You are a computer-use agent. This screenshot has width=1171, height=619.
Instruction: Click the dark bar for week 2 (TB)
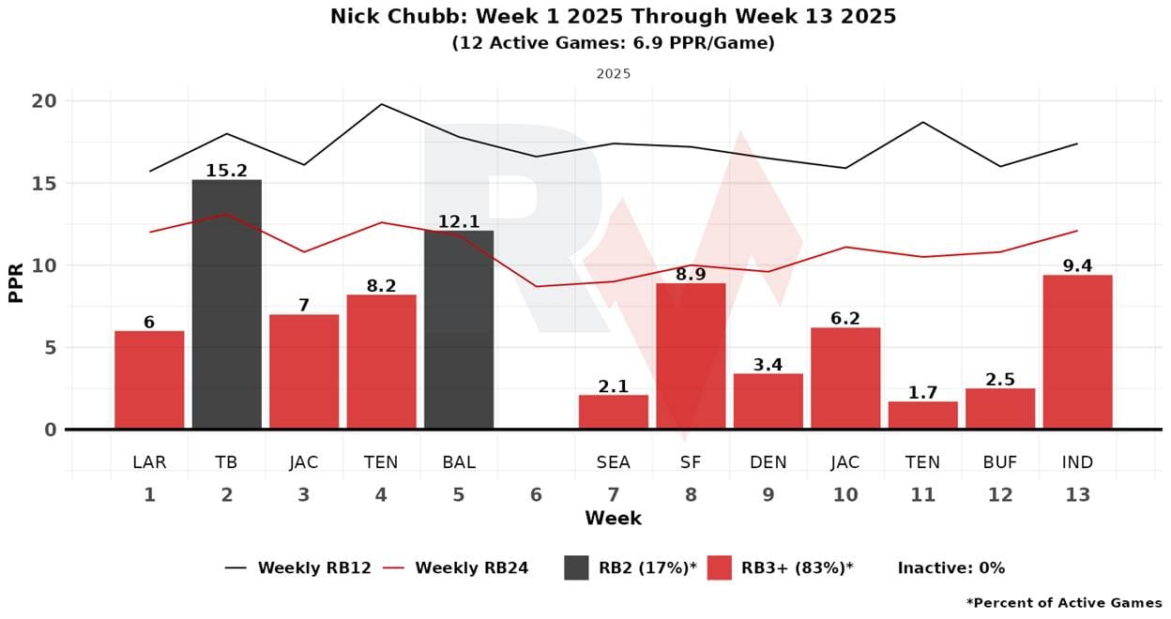pyautogui.click(x=227, y=304)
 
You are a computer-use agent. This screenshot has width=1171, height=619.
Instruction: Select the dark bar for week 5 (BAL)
pyautogui.click(x=459, y=329)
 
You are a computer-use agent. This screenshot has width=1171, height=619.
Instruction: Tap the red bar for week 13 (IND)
pyautogui.click(x=1077, y=352)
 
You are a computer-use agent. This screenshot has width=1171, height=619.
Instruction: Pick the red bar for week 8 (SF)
pyautogui.click(x=691, y=356)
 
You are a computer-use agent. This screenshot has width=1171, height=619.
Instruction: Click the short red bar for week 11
pyautogui.click(x=922, y=415)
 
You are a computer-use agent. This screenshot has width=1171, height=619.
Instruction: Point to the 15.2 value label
pyautogui.click(x=227, y=170)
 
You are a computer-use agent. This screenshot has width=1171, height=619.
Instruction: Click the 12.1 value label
pyautogui.click(x=459, y=221)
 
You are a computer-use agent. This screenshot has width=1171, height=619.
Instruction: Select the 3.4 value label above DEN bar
pyautogui.click(x=768, y=364)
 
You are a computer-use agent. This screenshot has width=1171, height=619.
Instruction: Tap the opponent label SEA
pyautogui.click(x=614, y=462)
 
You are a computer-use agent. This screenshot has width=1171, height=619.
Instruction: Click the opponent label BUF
pyautogui.click(x=1000, y=462)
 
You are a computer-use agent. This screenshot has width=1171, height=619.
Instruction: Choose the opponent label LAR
pyautogui.click(x=149, y=462)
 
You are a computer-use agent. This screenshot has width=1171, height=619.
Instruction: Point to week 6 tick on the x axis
pyautogui.click(x=536, y=495)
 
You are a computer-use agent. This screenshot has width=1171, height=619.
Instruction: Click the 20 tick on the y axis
pyautogui.click(x=44, y=101)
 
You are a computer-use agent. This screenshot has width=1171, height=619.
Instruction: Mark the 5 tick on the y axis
pyautogui.click(x=51, y=348)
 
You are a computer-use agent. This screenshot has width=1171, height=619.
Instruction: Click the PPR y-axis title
pyautogui.click(x=16, y=281)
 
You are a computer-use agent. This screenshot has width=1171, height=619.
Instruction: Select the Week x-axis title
pyautogui.click(x=613, y=519)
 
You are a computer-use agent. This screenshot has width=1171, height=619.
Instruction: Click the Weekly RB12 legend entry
pyautogui.click(x=298, y=567)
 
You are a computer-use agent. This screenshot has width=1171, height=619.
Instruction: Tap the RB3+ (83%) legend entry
pyautogui.click(x=781, y=567)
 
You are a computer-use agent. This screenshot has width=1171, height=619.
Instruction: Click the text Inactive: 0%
pyautogui.click(x=950, y=567)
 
